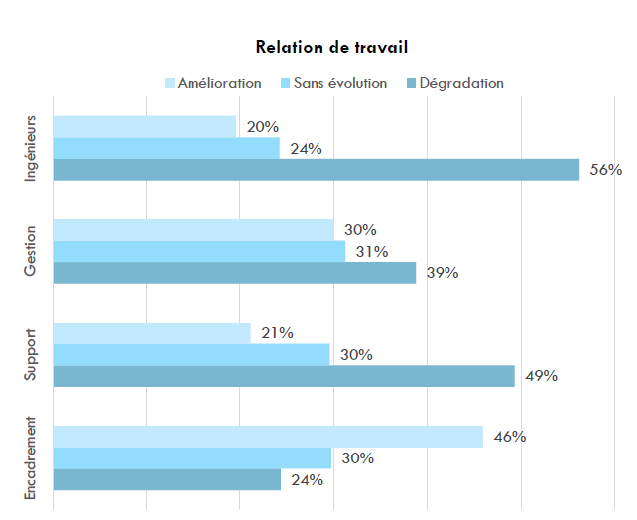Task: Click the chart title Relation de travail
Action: [331, 47]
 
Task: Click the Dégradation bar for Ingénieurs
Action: [316, 170]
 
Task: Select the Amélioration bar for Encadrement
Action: [267, 437]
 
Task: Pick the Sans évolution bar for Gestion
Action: [198, 252]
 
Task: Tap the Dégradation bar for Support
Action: [283, 376]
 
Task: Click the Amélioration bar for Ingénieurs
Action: [144, 127]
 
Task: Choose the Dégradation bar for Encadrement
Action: [166, 479]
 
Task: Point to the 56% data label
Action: [605, 170]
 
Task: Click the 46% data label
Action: [509, 437]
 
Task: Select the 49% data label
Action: [541, 376]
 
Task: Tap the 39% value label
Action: [442, 273]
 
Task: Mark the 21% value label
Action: [277, 333]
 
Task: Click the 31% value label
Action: [371, 252]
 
